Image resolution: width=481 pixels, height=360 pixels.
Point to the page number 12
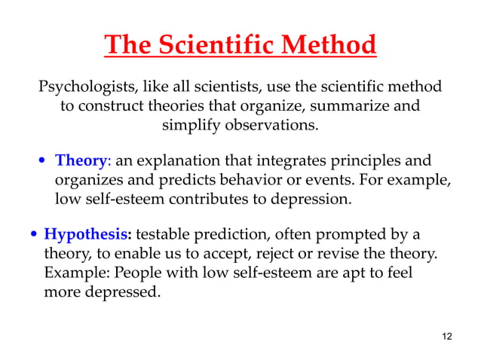(x=446, y=336)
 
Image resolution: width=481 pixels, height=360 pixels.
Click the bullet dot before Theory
(x=44, y=163)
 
